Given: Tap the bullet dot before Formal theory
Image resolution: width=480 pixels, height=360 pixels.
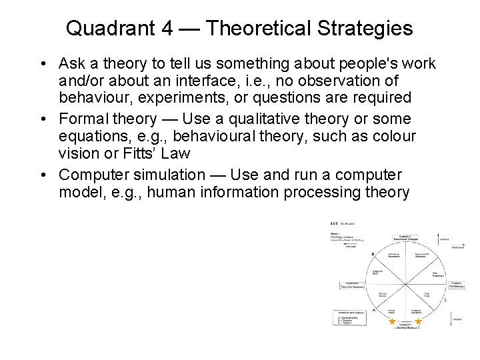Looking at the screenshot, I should click(43, 119).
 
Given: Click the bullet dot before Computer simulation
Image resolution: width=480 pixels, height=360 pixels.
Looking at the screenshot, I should click(43, 175).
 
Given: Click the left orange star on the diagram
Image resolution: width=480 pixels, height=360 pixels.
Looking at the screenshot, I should click(392, 321).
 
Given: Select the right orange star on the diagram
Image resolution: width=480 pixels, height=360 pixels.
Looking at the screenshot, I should click(418, 321).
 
